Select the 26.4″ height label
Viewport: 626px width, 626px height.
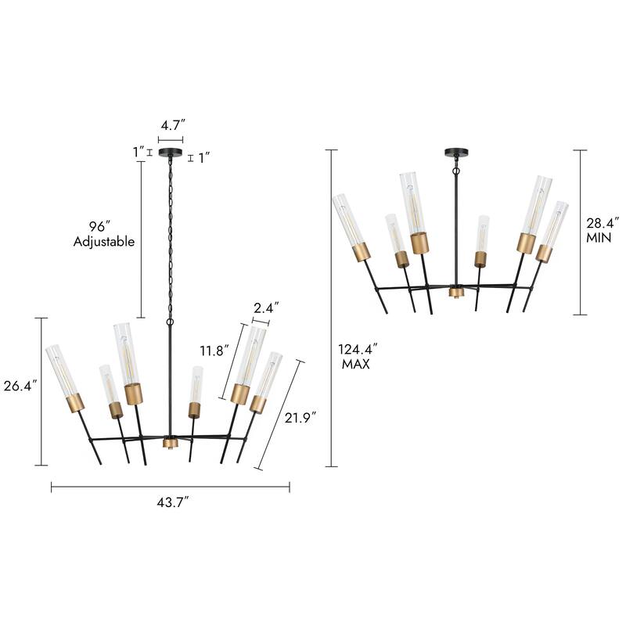click(20, 387)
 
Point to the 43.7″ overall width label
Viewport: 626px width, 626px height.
click(170, 503)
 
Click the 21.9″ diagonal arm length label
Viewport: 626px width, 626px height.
click(299, 419)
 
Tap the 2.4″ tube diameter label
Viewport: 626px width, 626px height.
click(265, 308)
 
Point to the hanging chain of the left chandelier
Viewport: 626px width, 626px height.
click(170, 235)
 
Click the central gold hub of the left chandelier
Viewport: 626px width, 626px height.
click(170, 443)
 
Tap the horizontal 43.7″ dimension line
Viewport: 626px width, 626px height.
click(170, 487)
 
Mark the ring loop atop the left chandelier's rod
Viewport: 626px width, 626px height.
click(170, 322)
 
